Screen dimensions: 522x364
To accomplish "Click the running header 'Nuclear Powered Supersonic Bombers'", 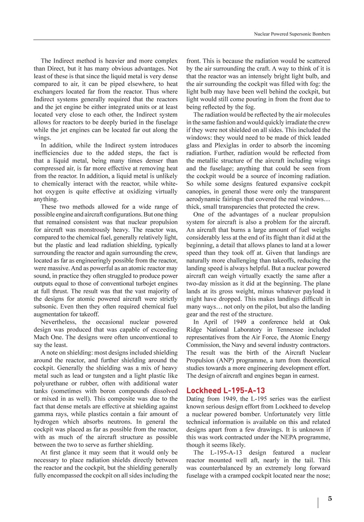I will pos(292,34).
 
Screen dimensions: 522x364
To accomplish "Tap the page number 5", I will pos(330,498).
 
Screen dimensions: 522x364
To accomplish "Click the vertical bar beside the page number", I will pos(318,502).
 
